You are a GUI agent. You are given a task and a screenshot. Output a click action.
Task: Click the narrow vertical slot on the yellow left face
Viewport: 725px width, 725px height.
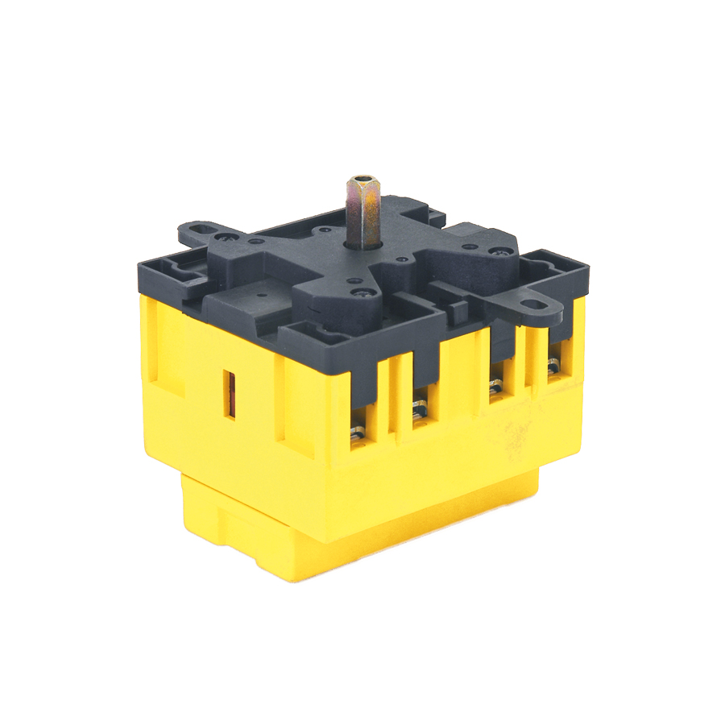[230, 394]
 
